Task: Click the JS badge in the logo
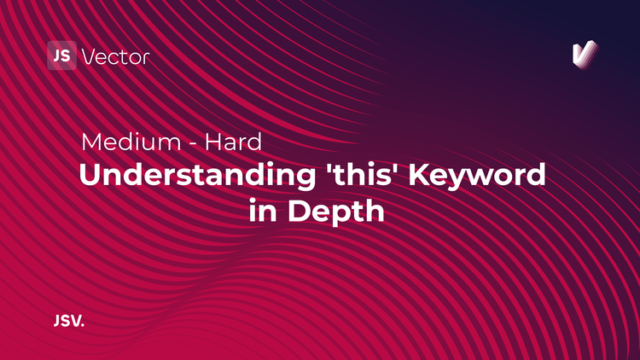pos(62,56)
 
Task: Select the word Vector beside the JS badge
pos(115,57)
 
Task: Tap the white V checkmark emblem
pos(584,55)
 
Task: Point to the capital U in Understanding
pos(89,175)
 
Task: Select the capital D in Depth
pos(294,209)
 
